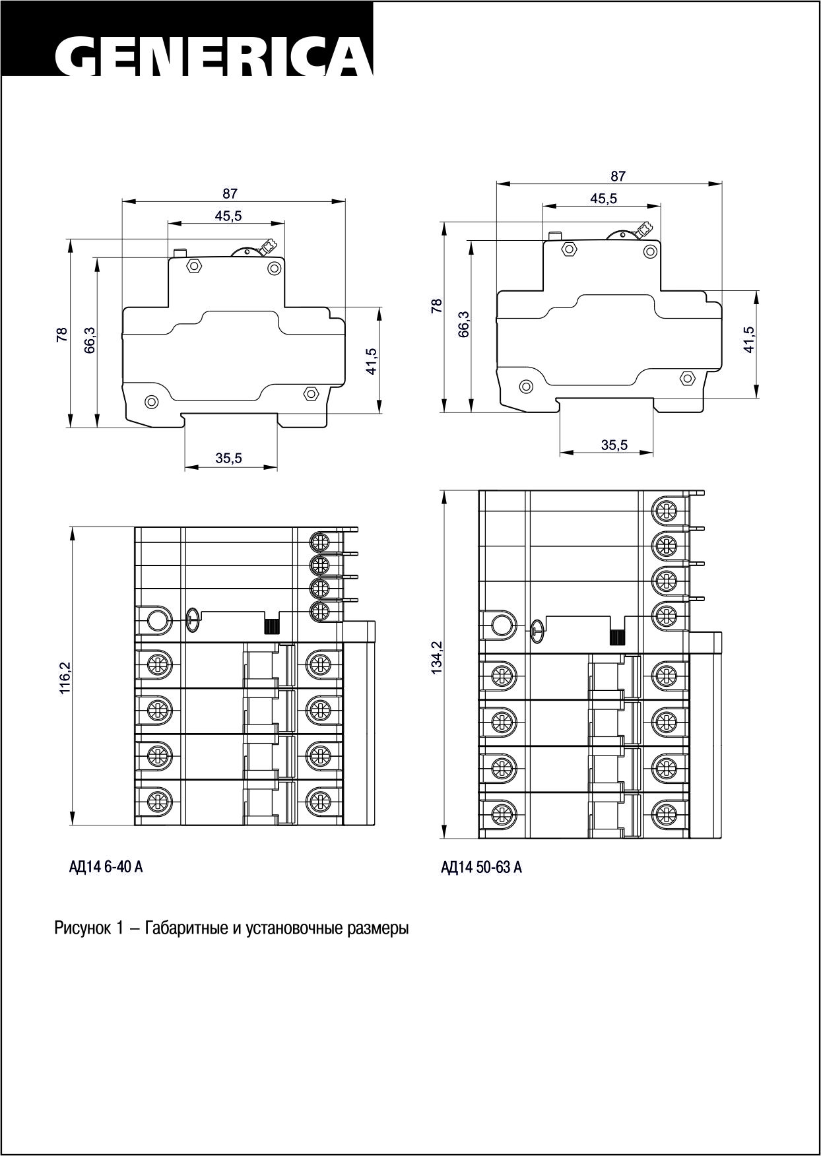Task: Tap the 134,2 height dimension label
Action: pyautogui.click(x=436, y=658)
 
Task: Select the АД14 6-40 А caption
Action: pyautogui.click(x=106, y=866)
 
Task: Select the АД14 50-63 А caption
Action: pyautogui.click(x=481, y=867)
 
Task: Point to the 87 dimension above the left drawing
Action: pyautogui.click(x=229, y=194)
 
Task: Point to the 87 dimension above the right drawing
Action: pyautogui.click(x=618, y=176)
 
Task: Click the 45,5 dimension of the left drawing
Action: pyautogui.click(x=228, y=215)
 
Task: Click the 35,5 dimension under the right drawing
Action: pyautogui.click(x=614, y=445)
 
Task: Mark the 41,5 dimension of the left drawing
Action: pyautogui.click(x=371, y=361)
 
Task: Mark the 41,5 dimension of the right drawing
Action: pyautogui.click(x=748, y=339)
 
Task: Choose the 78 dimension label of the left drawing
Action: pyautogui.click(x=62, y=335)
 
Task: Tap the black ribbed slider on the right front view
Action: pyautogui.click(x=616, y=637)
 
